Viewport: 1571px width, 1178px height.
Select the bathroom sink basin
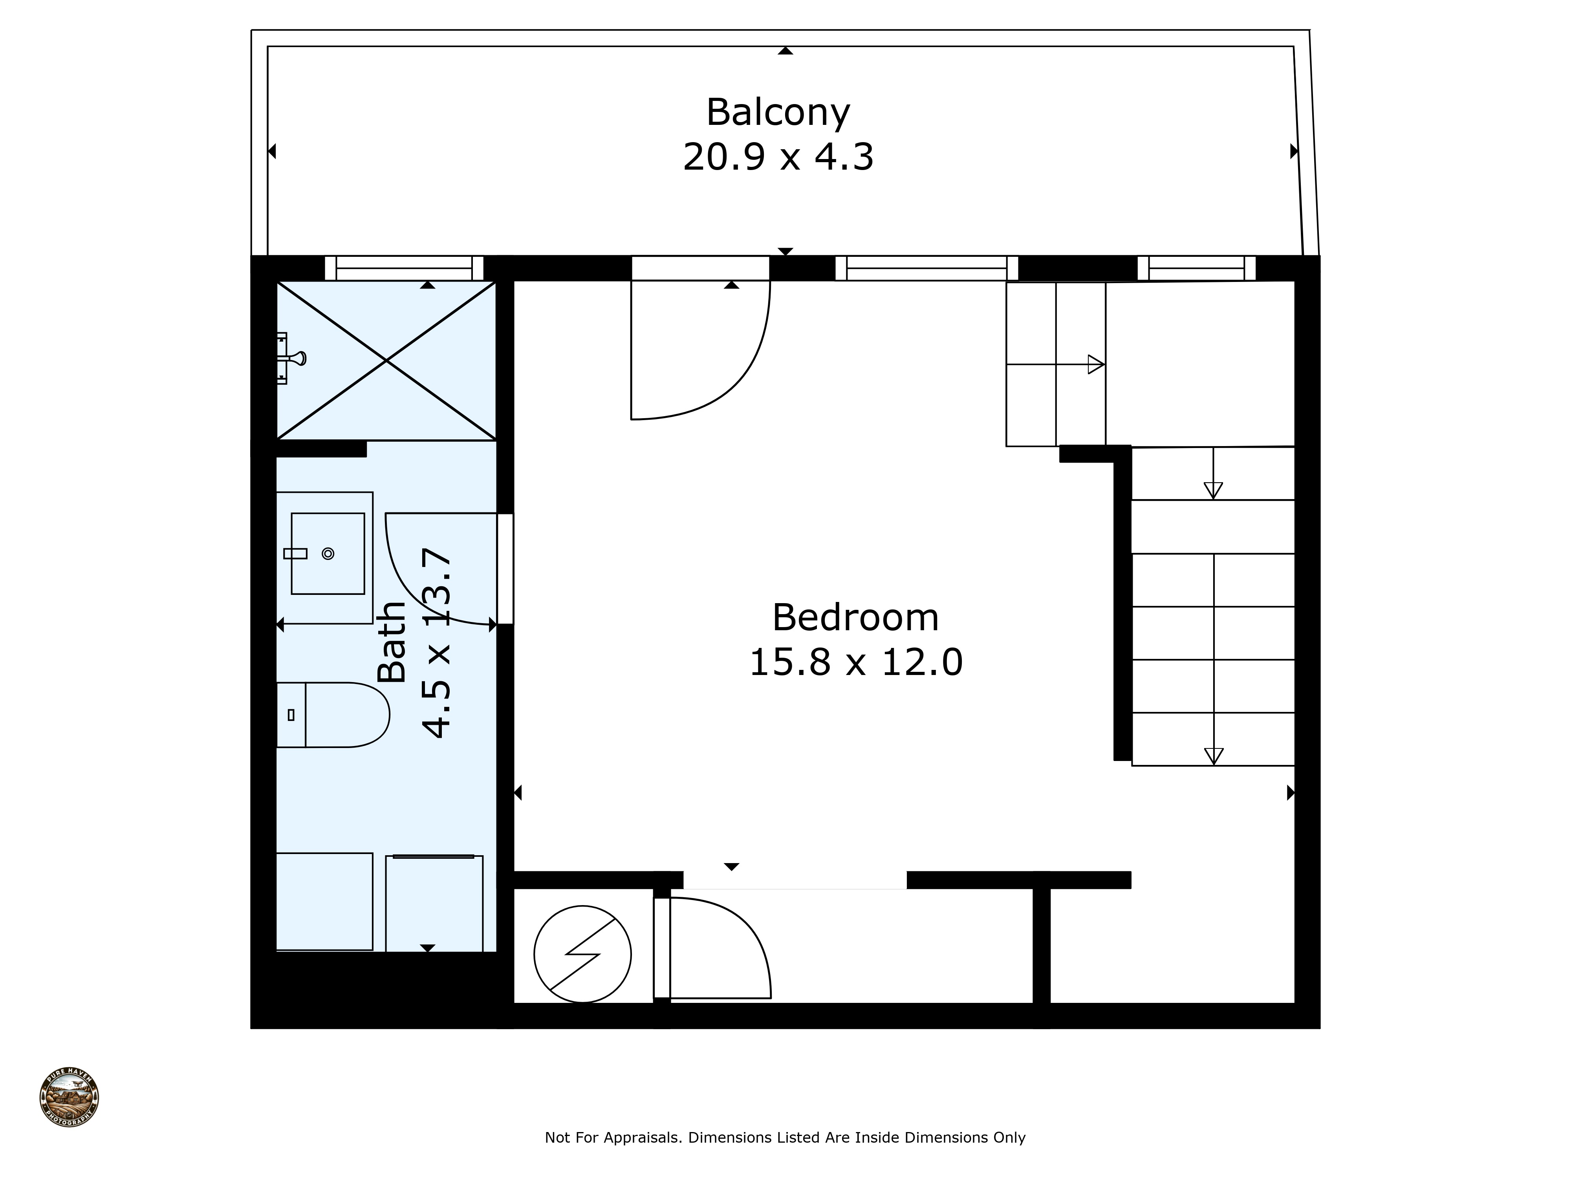pyautogui.click(x=328, y=553)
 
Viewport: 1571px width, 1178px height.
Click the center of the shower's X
pyautogui.click(x=386, y=361)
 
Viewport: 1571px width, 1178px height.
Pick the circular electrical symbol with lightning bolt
pyautogui.click(x=582, y=954)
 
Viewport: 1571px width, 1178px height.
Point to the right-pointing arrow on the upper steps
pyautogui.click(x=1096, y=364)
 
